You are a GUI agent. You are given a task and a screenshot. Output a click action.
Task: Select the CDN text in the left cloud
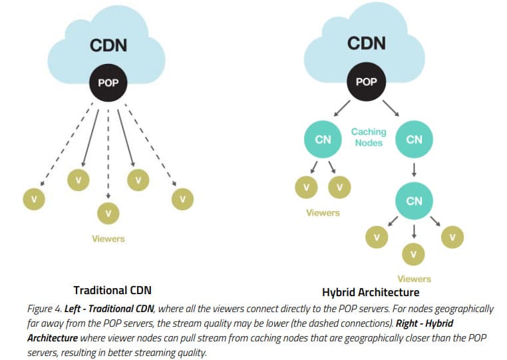(x=108, y=47)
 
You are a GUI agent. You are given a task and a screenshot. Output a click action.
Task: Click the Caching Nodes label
(x=369, y=137)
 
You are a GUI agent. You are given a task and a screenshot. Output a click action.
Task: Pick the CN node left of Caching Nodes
(x=323, y=139)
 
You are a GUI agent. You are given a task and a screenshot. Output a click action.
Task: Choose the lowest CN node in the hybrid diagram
(x=414, y=200)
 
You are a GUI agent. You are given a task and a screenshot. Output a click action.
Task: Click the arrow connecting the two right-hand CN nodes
(x=414, y=170)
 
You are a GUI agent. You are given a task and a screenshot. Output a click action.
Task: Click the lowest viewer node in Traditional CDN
(x=108, y=213)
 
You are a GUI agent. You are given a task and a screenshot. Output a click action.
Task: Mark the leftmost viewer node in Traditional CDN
(x=33, y=198)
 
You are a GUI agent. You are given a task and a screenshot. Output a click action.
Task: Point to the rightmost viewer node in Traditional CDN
(x=182, y=198)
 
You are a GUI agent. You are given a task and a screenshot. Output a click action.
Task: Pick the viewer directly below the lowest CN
(x=414, y=253)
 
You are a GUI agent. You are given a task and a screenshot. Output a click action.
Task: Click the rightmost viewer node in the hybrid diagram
(x=453, y=236)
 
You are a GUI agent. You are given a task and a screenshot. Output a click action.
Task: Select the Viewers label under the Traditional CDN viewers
(x=108, y=238)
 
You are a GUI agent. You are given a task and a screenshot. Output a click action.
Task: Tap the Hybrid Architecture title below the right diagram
(x=370, y=292)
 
